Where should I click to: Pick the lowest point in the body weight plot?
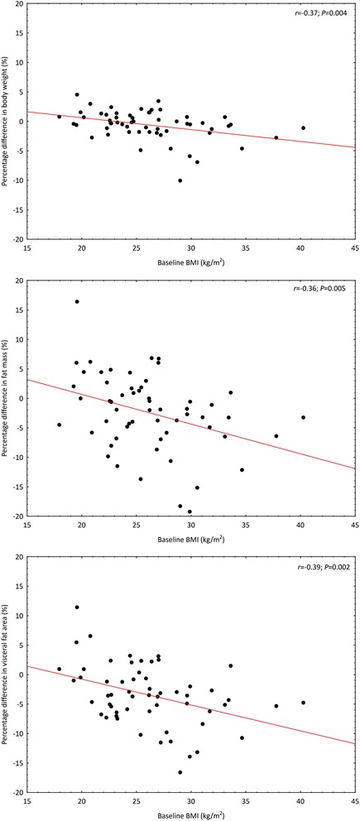click(180, 180)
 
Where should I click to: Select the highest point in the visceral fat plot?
click(77, 607)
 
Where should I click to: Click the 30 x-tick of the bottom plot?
click(191, 802)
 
